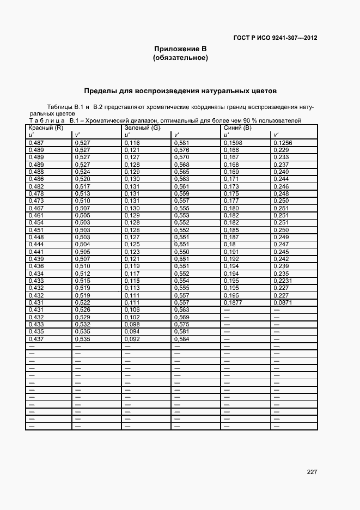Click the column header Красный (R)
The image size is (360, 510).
[x=46, y=127]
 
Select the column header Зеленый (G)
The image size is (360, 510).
[x=142, y=127]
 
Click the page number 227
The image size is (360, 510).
[x=312, y=472]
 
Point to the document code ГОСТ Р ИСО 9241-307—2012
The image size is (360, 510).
[x=275, y=38]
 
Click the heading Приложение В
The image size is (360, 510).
[x=180, y=49]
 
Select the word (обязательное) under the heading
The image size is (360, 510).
[x=180, y=58]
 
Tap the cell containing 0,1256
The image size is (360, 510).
[x=283, y=143]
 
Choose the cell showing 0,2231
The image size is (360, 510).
[x=283, y=280]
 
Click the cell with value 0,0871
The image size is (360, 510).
[x=283, y=302]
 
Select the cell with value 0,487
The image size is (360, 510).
[x=35, y=143]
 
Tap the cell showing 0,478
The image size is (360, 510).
[x=35, y=193]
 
